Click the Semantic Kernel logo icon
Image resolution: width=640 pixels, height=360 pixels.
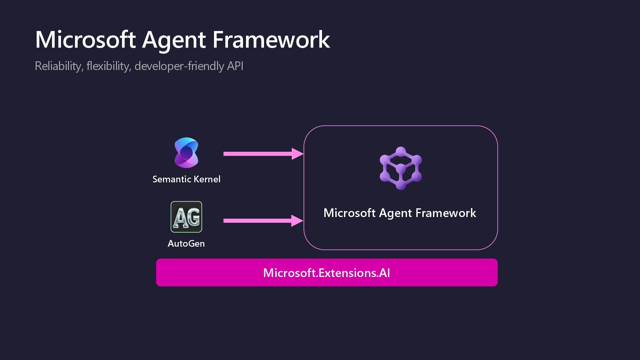pos(186,153)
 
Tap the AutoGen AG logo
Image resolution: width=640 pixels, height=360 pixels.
pos(186,217)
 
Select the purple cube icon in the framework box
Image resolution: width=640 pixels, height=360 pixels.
pos(401,168)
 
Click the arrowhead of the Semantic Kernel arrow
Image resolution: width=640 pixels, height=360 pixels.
pos(297,154)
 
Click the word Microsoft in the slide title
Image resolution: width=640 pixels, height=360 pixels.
pos(85,40)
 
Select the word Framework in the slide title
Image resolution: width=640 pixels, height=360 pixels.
pos(271,40)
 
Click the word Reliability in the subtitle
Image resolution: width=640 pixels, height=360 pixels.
pos(59,66)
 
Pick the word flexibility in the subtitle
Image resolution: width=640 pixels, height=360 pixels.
pos(109,66)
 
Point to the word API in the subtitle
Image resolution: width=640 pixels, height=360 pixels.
pos(235,66)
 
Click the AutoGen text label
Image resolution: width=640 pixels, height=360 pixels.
pos(186,244)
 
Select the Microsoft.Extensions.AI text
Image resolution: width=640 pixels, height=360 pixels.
pos(327,273)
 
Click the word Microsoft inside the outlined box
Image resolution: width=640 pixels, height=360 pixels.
pos(350,213)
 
